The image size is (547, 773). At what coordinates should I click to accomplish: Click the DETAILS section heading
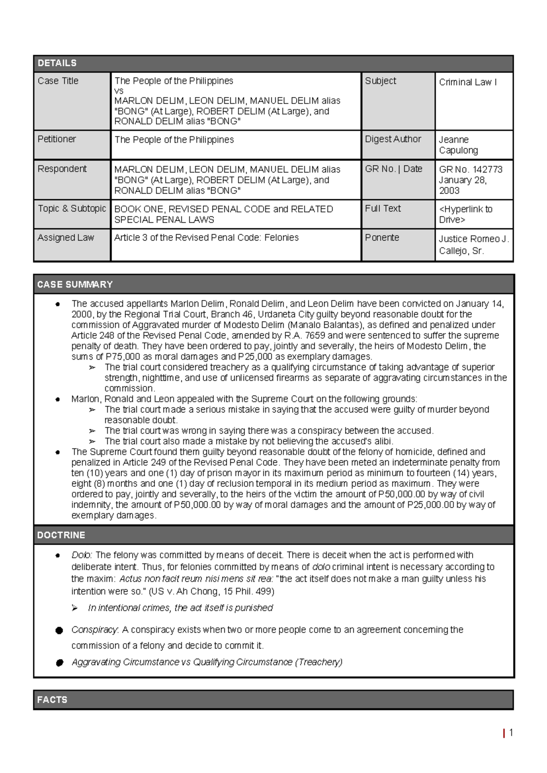point(57,63)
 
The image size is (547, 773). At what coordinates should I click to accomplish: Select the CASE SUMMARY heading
point(75,284)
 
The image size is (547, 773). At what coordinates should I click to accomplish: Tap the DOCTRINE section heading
point(61,535)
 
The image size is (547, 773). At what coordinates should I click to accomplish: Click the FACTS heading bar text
point(52,700)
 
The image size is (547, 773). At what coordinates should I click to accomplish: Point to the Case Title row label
point(58,81)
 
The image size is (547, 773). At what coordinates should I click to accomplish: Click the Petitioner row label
point(57,139)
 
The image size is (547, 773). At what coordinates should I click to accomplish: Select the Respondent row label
point(62,169)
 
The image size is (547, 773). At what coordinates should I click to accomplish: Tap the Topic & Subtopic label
point(72,208)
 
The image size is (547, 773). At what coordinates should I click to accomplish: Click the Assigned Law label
point(66,237)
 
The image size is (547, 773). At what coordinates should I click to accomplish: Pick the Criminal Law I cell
point(468,82)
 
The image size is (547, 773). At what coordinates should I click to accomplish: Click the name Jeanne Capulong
point(458,145)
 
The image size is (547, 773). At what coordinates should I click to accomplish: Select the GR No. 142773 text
point(470,170)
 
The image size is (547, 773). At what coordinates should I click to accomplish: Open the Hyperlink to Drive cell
point(465,214)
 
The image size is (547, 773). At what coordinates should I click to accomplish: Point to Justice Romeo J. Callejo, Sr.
point(474,245)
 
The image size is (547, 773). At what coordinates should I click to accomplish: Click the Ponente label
point(382,237)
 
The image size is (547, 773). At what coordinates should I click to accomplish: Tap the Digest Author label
point(393,139)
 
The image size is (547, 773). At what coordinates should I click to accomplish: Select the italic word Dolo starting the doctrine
point(82,555)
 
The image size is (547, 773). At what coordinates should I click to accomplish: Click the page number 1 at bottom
point(511,732)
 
